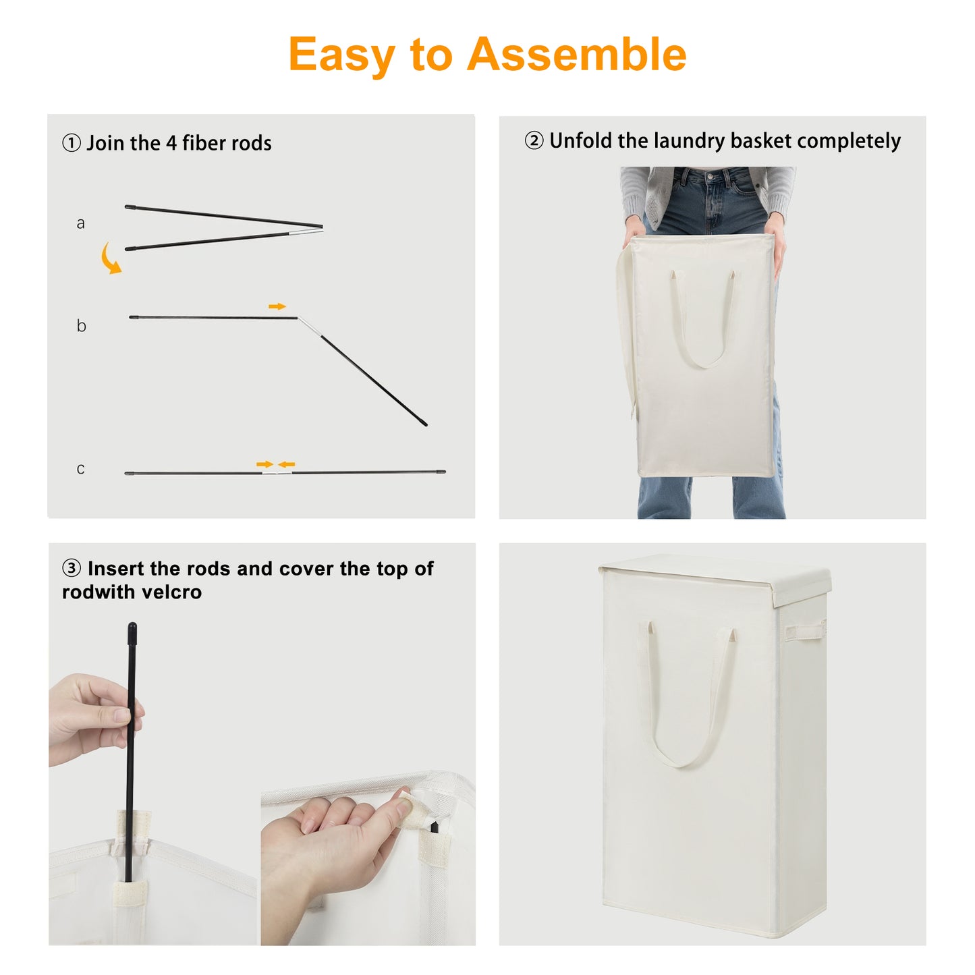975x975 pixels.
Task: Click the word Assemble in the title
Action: pyautogui.click(x=576, y=54)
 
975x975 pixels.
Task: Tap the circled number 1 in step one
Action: pyautogui.click(x=72, y=142)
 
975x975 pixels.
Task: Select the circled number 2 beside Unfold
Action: pyautogui.click(x=534, y=140)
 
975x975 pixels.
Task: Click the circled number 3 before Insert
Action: pyautogui.click(x=72, y=568)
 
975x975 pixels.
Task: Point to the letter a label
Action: pyautogui.click(x=80, y=223)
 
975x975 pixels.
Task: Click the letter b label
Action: pyautogui.click(x=81, y=325)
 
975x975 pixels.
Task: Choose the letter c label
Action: pyautogui.click(x=80, y=468)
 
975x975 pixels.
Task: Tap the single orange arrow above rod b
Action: pyautogui.click(x=277, y=306)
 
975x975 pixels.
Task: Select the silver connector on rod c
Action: pyautogui.click(x=277, y=472)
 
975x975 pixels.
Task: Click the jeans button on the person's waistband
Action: pyautogui.click(x=711, y=177)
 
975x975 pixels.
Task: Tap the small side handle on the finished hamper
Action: pyautogui.click(x=804, y=632)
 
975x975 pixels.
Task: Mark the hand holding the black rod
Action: pyautogui.click(x=96, y=719)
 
